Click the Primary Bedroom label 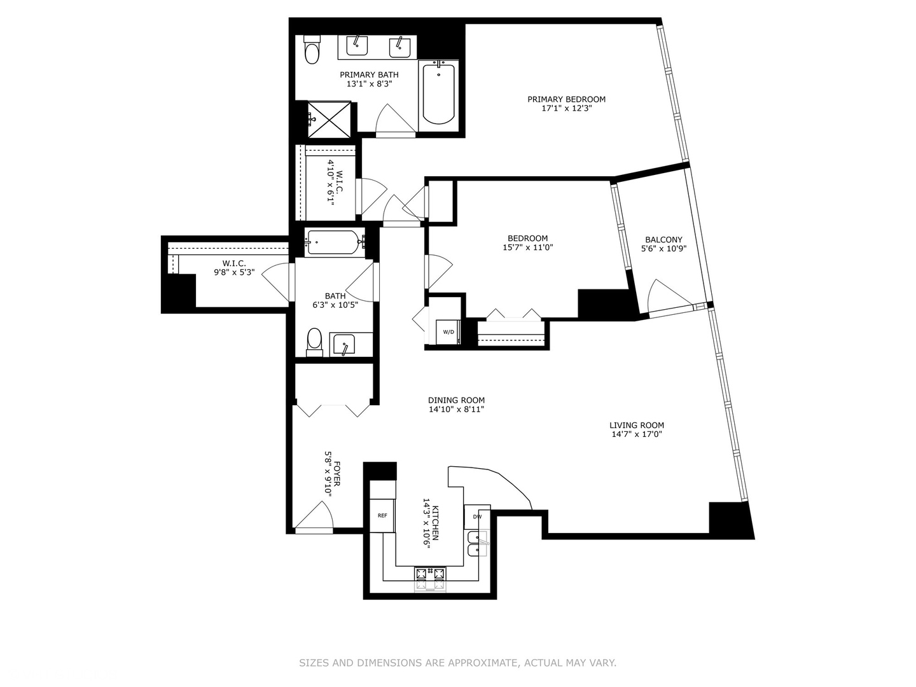566,99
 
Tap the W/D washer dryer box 448,332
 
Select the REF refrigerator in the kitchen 382,516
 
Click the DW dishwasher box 477,517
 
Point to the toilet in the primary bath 312,51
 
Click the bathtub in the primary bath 438,94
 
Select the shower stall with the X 329,119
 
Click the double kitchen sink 475,543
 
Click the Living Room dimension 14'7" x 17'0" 637,435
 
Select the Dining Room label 456,401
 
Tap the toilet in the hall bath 314,340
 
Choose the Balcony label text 663,240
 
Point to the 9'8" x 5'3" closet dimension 234,272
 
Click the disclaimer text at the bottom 457,663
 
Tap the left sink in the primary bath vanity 357,45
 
